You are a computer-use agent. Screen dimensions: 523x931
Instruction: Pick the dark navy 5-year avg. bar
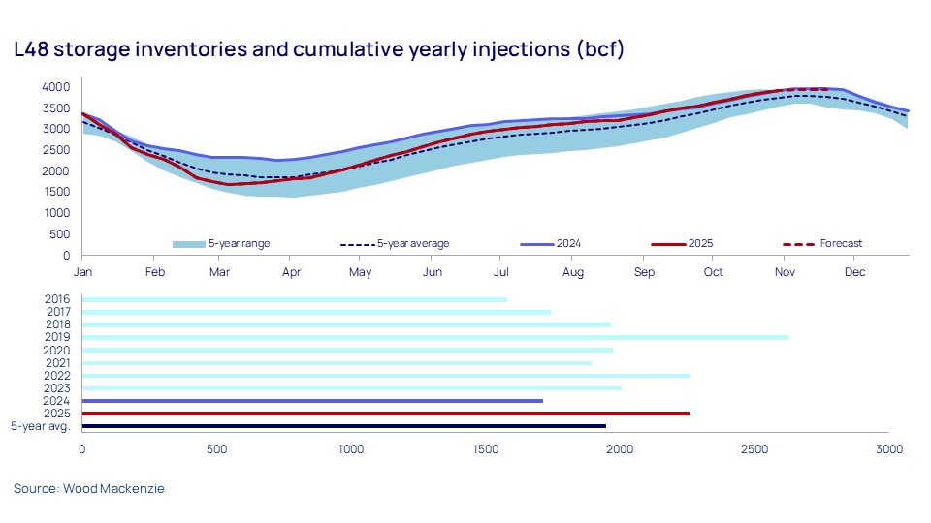pyautogui.click(x=343, y=426)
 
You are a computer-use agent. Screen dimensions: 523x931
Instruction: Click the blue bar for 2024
pyautogui.click(x=312, y=401)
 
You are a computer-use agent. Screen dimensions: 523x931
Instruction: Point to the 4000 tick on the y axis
pyautogui.click(x=56, y=86)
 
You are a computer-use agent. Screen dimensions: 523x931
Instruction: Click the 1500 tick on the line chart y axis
pyautogui.click(x=56, y=192)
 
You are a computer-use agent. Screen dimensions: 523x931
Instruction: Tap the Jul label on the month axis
pyautogui.click(x=500, y=272)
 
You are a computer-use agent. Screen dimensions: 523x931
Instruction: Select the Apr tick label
pyautogui.click(x=289, y=272)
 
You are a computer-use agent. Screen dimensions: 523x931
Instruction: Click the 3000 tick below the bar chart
pyautogui.click(x=888, y=449)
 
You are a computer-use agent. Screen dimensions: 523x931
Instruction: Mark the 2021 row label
pyautogui.click(x=57, y=363)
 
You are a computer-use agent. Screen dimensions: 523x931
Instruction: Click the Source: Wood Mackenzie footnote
pyautogui.click(x=89, y=489)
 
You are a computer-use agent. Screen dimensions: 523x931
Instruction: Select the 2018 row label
pyautogui.click(x=57, y=324)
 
